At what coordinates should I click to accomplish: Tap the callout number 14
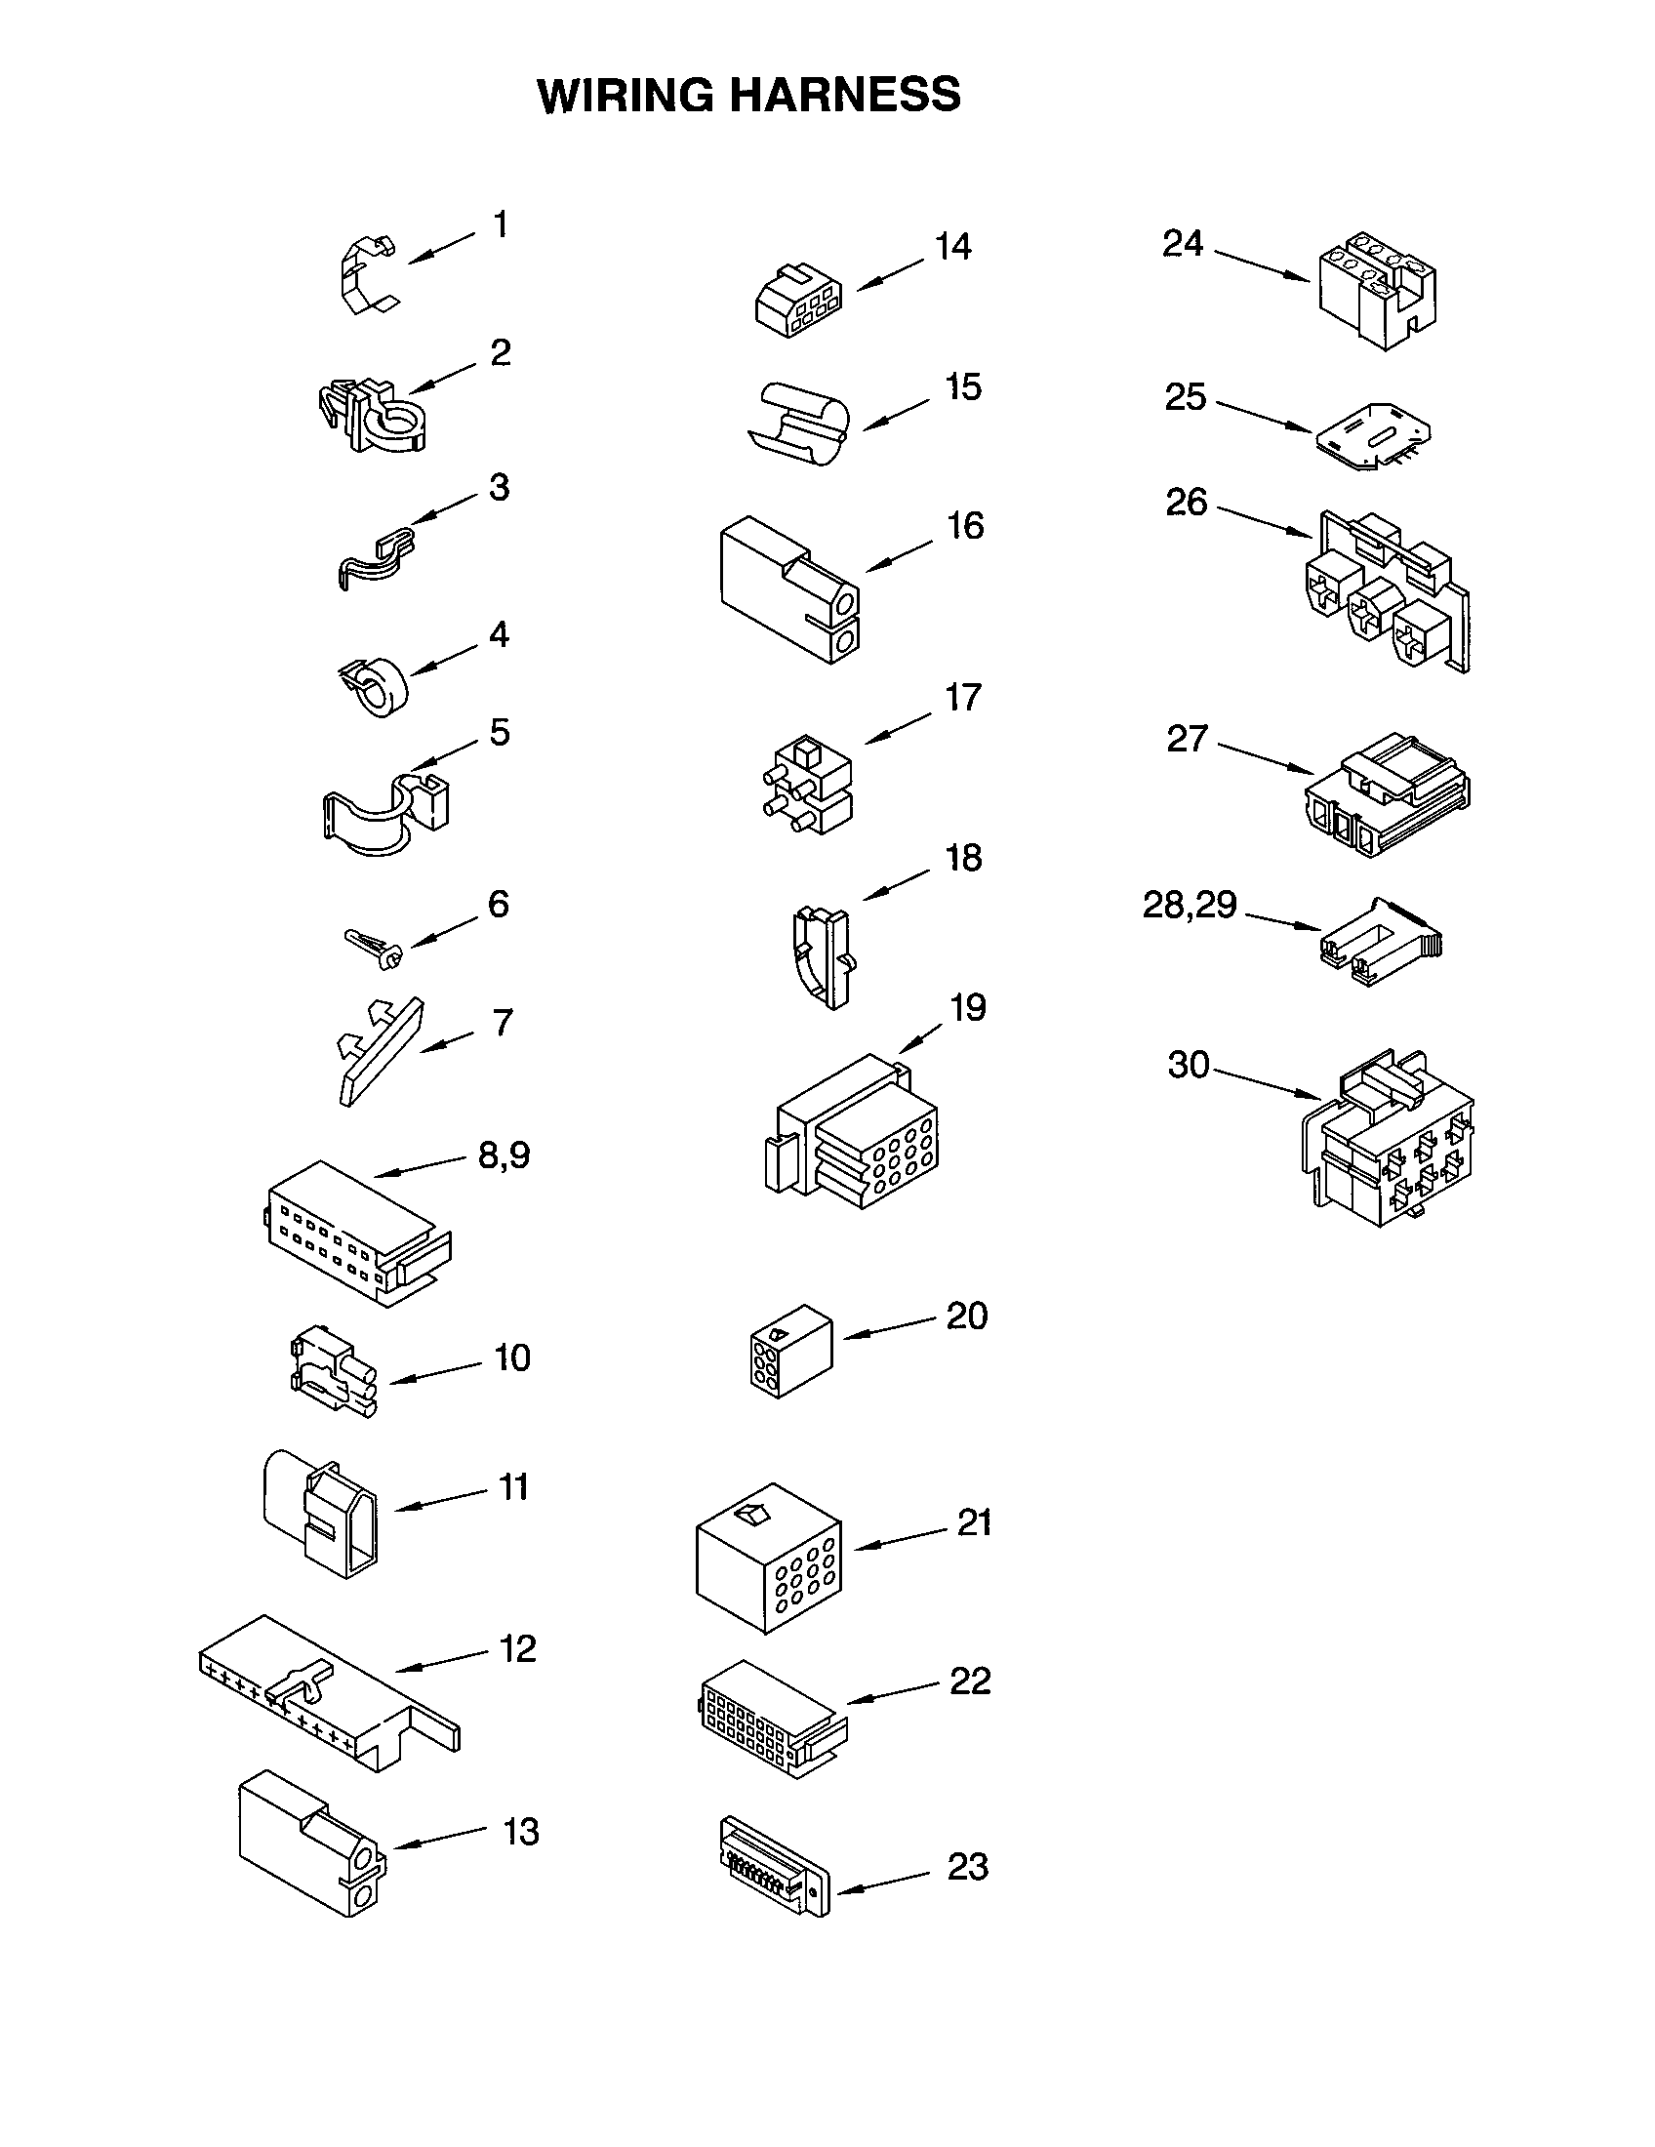(952, 247)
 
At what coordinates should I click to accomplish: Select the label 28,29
(1189, 905)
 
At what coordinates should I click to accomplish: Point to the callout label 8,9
(504, 1155)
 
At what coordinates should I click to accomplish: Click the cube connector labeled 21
(769, 1558)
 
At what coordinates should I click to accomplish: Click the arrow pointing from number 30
(1268, 1082)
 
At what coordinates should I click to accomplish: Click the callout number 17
(962, 698)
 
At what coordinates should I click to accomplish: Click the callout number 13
(521, 1832)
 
